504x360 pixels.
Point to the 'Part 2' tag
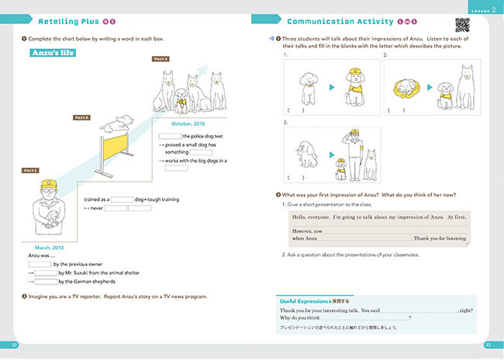click(82, 117)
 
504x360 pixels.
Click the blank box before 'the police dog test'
click(170, 136)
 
